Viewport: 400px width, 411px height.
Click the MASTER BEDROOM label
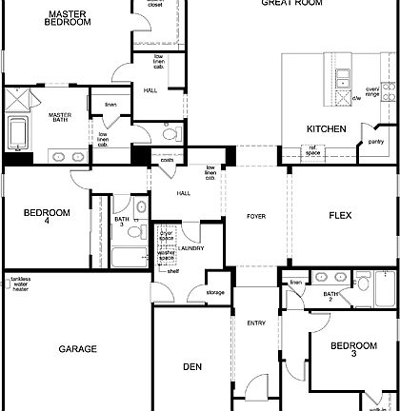(x=69, y=16)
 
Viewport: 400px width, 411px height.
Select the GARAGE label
(x=77, y=349)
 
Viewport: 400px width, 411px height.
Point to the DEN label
(x=193, y=365)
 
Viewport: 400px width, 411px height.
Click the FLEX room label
(x=341, y=215)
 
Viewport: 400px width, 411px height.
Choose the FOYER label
(x=256, y=216)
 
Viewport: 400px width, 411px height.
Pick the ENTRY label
(x=256, y=323)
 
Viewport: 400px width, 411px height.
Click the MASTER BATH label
(x=61, y=118)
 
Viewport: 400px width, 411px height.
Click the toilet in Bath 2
(x=363, y=281)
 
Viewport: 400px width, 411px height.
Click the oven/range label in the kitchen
(x=371, y=91)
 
